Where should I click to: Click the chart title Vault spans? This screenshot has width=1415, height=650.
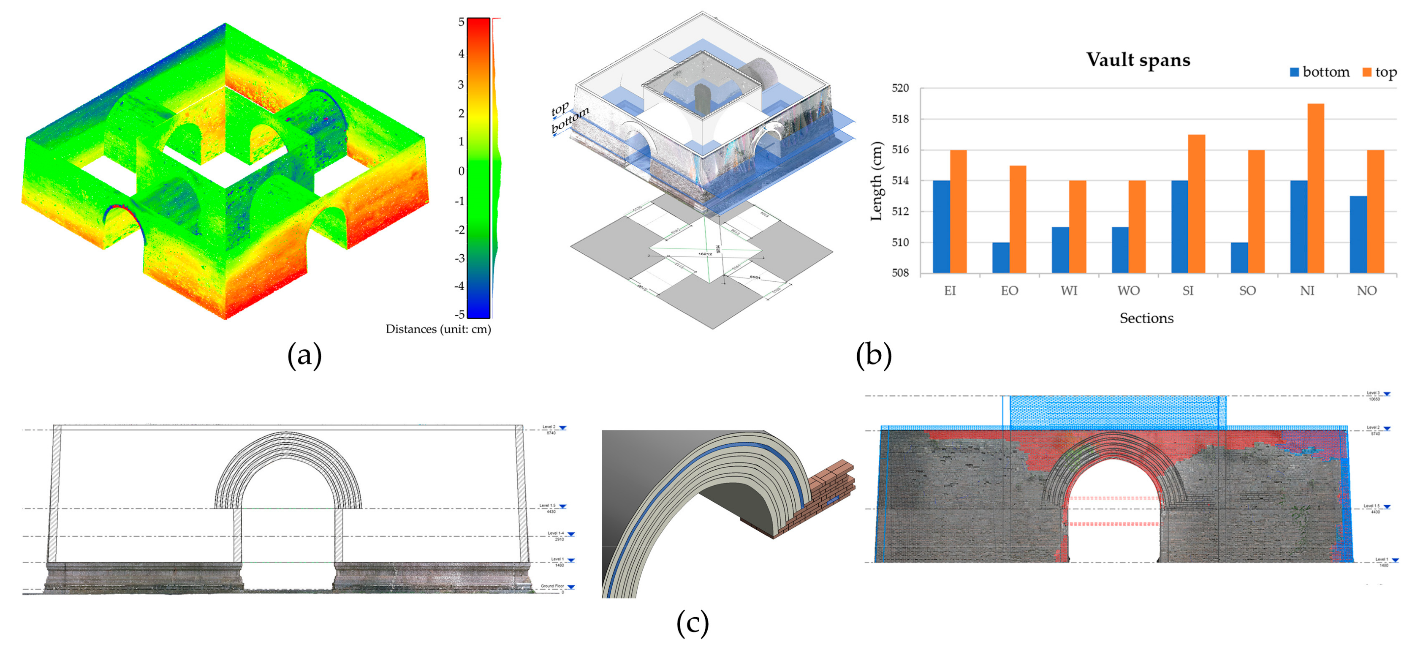point(1138,60)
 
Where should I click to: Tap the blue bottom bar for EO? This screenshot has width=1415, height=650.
point(1000,257)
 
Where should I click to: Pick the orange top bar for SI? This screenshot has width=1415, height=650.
point(1196,203)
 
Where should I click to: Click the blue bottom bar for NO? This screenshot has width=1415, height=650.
point(1358,234)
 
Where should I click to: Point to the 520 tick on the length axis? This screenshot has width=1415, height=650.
point(900,88)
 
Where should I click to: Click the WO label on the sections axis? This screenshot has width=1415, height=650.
point(1128,291)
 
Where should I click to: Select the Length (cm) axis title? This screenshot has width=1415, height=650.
point(876,181)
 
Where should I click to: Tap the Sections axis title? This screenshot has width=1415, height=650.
point(1146,318)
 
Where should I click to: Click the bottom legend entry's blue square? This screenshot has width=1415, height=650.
point(1295,72)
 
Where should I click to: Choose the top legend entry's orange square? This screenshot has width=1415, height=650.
point(1367,72)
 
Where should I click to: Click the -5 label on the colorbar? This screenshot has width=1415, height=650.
point(459,314)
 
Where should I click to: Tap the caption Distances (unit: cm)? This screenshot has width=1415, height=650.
point(438,329)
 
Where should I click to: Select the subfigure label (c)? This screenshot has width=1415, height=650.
point(692,623)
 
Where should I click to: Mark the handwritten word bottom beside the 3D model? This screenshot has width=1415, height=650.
point(570,120)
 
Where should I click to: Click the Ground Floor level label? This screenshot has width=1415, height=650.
point(552,586)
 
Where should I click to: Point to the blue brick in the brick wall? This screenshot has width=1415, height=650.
point(833,499)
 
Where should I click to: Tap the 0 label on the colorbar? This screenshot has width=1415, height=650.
point(462,171)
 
